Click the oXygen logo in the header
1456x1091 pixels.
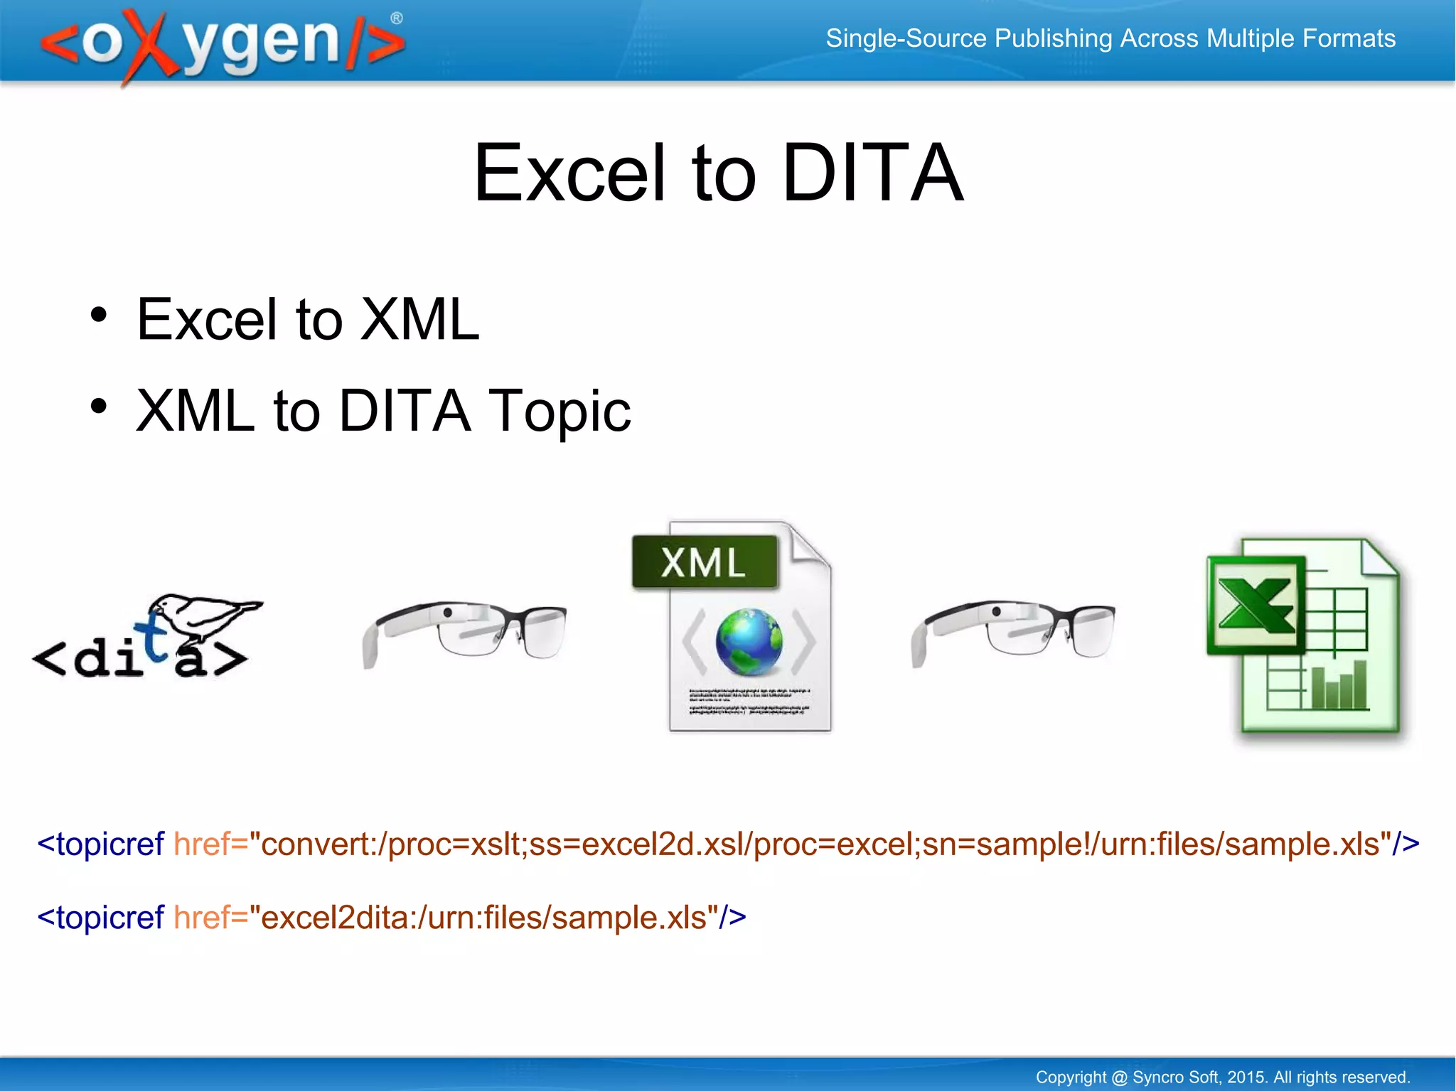220,43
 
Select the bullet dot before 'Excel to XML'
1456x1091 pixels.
99,315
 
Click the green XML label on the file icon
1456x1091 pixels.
704,562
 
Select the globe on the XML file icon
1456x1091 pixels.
749,641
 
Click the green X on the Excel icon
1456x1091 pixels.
1256,605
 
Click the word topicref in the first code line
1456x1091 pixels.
110,844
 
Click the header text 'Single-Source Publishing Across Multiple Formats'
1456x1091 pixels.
1110,38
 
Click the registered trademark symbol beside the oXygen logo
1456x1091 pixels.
397,18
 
